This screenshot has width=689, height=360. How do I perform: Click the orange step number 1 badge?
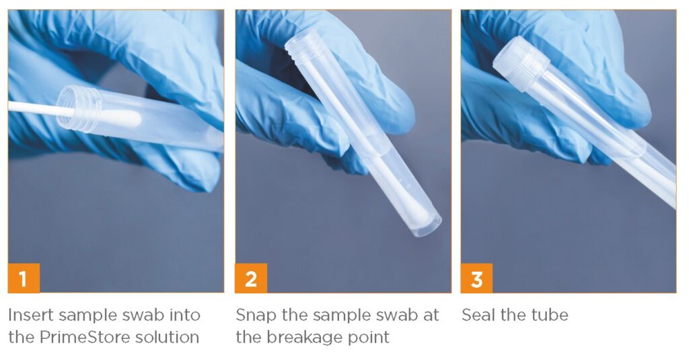point(24,278)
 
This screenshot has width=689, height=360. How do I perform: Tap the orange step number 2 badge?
point(251,278)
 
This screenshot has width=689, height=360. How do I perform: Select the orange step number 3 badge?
point(477,278)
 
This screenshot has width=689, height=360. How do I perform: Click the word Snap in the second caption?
point(256,316)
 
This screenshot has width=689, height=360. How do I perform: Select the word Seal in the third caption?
point(478,315)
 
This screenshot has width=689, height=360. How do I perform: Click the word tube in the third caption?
point(550,315)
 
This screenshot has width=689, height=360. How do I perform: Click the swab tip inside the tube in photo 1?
point(121,118)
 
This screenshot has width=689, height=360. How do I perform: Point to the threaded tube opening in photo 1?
point(79,108)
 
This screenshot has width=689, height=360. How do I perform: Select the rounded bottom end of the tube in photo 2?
point(425,225)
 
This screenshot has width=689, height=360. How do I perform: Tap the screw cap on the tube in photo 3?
point(521,63)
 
